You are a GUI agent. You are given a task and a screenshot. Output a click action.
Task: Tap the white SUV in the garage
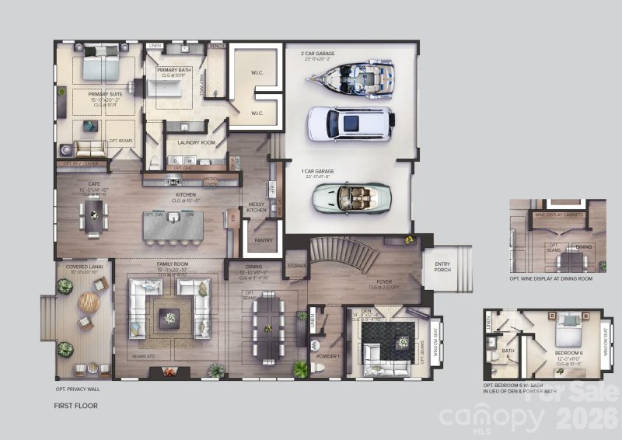(348, 122)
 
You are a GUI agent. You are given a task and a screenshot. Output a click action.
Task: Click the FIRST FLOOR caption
(75, 405)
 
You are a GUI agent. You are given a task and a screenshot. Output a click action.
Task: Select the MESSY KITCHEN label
(257, 208)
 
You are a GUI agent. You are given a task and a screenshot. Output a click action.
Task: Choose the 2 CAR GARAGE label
(317, 54)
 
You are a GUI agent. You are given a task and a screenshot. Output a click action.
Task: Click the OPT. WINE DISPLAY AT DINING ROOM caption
(551, 278)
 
